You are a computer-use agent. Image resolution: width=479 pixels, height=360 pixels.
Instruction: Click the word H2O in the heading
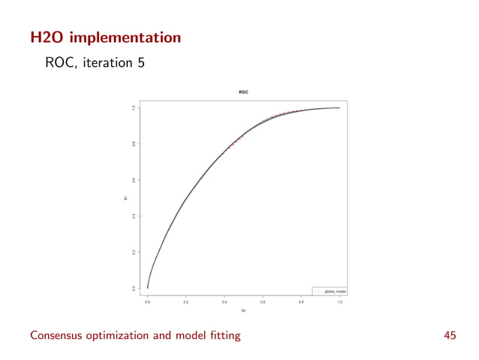[47, 36]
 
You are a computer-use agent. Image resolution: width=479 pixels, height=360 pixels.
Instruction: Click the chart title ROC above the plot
[243, 92]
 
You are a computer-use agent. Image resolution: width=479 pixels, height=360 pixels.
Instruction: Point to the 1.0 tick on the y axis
[133, 107]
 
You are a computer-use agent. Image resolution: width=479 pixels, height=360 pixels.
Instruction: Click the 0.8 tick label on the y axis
[133, 144]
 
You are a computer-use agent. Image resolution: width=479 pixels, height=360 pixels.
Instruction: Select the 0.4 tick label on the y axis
[133, 216]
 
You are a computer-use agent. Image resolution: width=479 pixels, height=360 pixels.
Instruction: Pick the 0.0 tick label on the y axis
[133, 288]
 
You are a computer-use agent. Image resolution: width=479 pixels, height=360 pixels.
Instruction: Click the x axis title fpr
[243, 310]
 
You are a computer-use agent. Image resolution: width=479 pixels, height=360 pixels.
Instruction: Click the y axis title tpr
[125, 198]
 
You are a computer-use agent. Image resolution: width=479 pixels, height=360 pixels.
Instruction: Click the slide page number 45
[450, 336]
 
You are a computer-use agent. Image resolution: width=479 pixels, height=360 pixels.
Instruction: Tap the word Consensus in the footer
[57, 336]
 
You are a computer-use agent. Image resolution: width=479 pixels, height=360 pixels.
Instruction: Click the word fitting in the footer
[223, 336]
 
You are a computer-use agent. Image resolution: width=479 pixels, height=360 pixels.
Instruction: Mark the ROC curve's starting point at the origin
[148, 288]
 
